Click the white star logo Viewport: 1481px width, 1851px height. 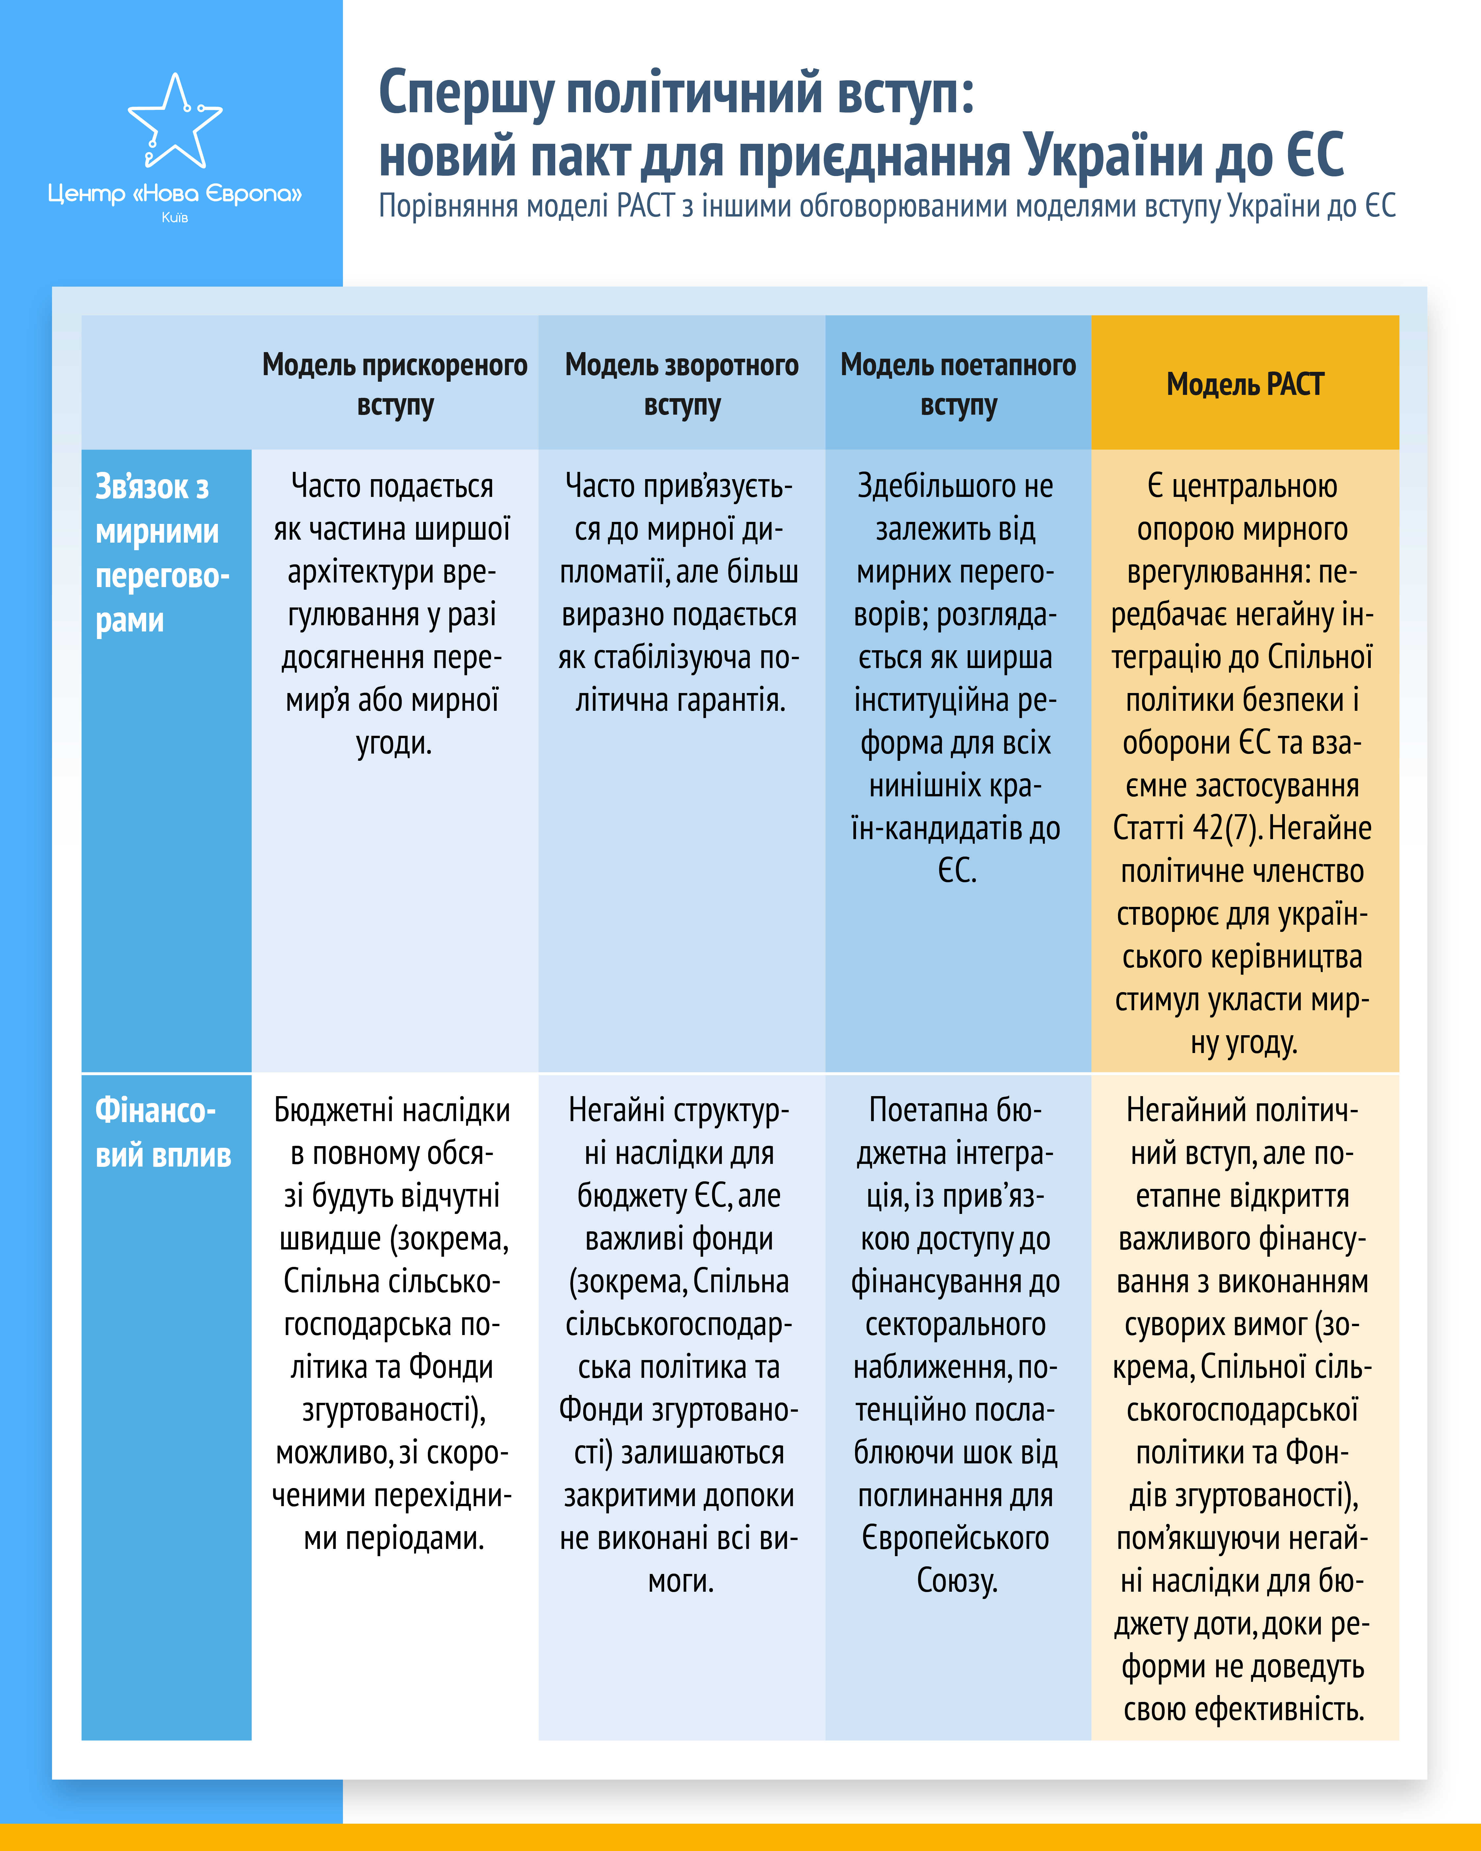(x=175, y=122)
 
